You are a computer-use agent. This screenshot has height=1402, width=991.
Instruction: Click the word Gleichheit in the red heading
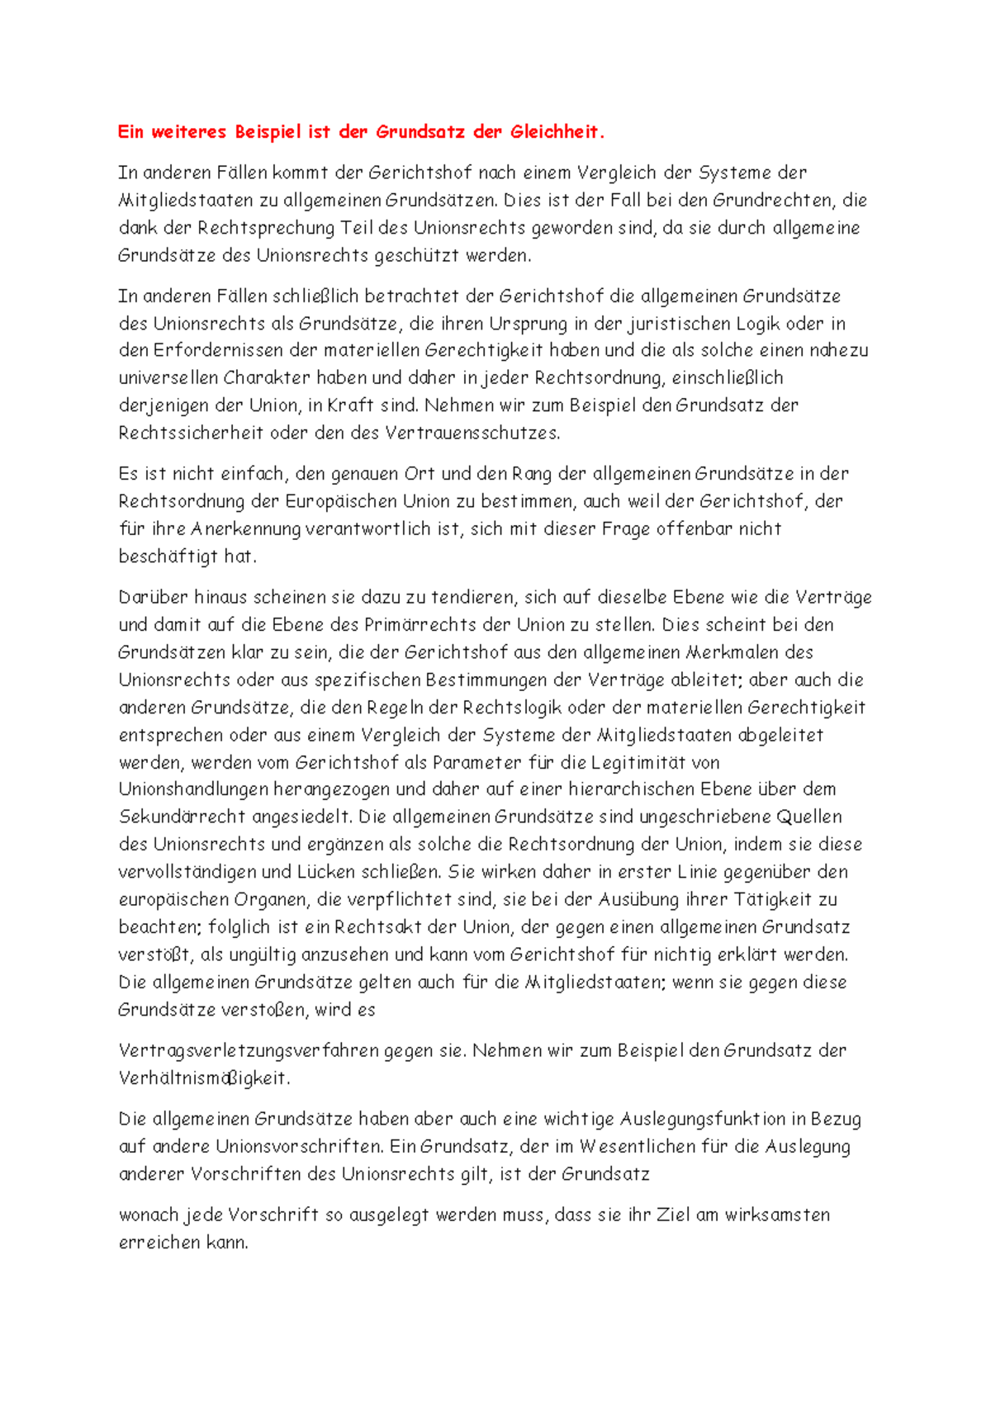[556, 132]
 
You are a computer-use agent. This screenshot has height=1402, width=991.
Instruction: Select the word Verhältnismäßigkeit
[204, 1079]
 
